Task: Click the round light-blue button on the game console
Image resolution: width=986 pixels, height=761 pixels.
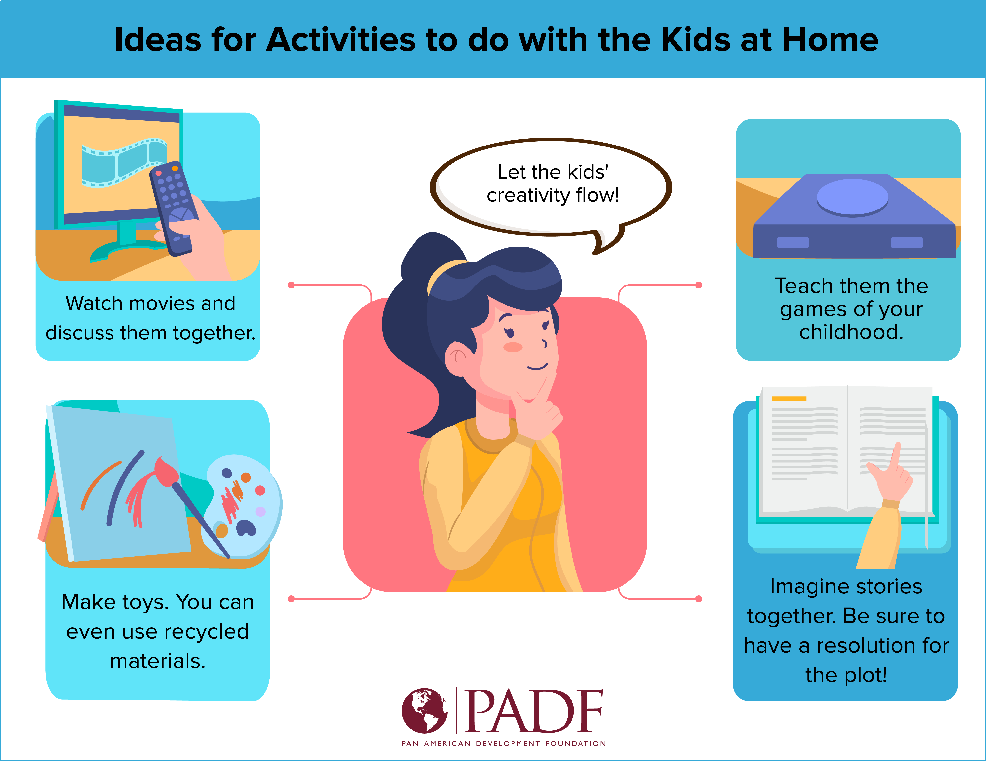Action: coord(852,197)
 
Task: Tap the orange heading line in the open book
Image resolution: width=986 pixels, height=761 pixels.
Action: coord(789,398)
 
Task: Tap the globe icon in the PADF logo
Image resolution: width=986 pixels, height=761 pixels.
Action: coord(425,710)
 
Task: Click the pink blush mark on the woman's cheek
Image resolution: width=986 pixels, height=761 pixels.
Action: coord(513,347)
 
